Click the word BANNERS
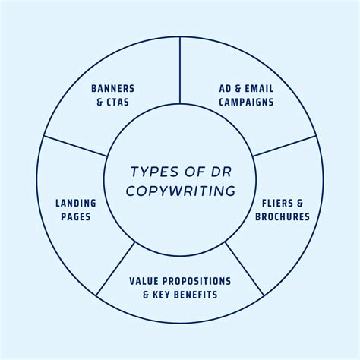pos(112,87)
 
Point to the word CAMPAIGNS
pos(242,101)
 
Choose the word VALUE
pos(145,281)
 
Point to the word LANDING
pos(75,203)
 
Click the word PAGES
pos(75,216)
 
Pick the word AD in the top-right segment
pos(216,87)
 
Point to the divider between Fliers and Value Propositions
pos(245,268)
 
